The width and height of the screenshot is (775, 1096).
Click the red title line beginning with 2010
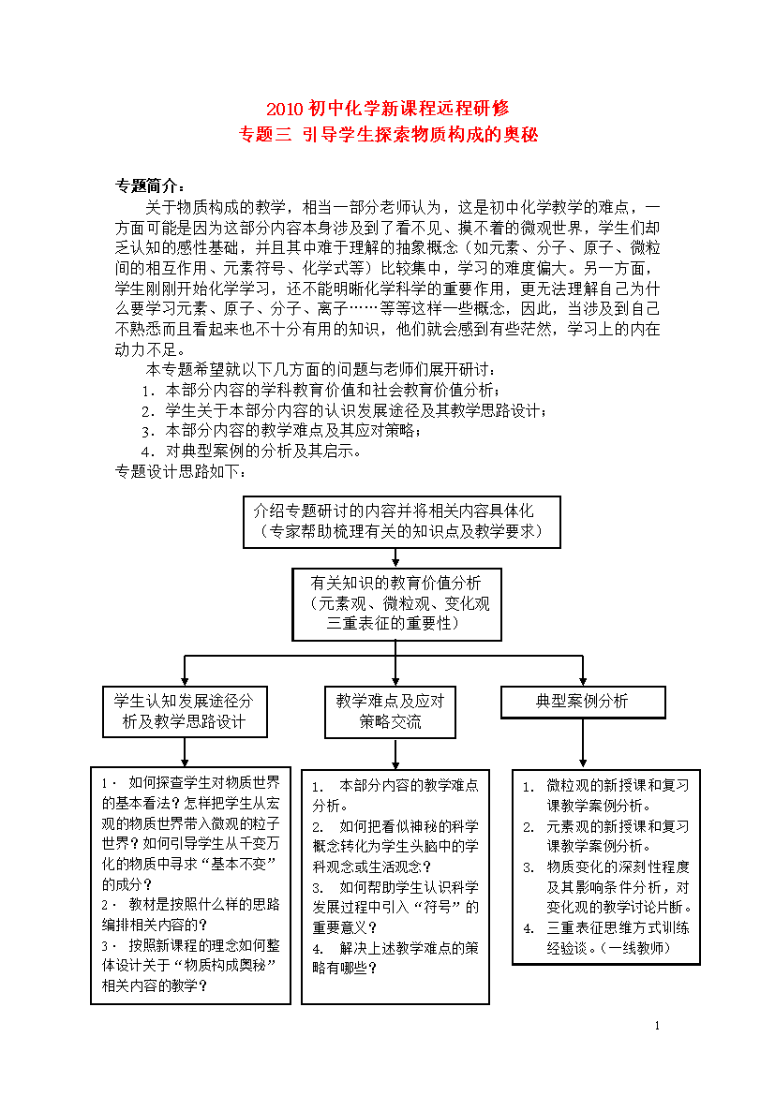(388, 109)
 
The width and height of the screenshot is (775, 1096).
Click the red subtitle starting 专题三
(388, 134)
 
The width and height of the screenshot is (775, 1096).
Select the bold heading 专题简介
(150, 185)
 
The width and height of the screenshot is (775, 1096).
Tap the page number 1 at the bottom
(657, 1026)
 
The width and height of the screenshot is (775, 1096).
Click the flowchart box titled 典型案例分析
(583, 702)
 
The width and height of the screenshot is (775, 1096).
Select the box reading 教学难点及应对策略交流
(390, 712)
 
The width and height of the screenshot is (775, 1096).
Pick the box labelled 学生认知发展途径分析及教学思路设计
(185, 712)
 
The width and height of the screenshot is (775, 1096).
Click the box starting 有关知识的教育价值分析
(396, 604)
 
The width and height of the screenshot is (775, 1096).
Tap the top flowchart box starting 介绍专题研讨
(401, 522)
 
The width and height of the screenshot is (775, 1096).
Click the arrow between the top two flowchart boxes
(395, 557)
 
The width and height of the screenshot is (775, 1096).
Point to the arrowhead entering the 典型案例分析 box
(583, 682)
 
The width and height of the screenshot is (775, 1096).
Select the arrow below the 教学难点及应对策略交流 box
(395, 753)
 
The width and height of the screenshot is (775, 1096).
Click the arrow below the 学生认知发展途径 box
(185, 752)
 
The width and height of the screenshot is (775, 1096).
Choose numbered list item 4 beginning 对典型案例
(252, 451)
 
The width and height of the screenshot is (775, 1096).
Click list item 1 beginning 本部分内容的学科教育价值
(321, 390)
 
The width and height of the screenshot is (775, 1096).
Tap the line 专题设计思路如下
(181, 472)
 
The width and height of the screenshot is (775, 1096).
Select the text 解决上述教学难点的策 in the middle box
(409, 948)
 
